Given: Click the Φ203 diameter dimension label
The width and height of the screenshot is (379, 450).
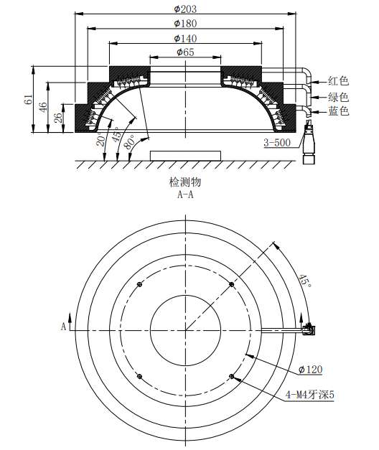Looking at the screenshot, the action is coord(185,9).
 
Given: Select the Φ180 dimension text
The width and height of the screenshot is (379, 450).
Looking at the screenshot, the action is coord(185,24).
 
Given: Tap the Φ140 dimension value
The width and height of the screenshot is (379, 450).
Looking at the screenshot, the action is coord(185,39).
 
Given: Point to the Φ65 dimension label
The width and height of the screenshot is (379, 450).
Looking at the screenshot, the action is coord(185,52).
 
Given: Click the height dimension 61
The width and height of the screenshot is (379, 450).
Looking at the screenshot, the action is coord(29,99).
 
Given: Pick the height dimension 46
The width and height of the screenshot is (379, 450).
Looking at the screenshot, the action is coord(43,107).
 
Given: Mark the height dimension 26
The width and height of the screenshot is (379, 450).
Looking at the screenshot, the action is coord(58,118).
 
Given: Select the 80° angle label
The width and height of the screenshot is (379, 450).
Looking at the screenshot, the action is coord(130,141).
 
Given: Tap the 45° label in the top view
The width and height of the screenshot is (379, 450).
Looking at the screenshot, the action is coord(305,281).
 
